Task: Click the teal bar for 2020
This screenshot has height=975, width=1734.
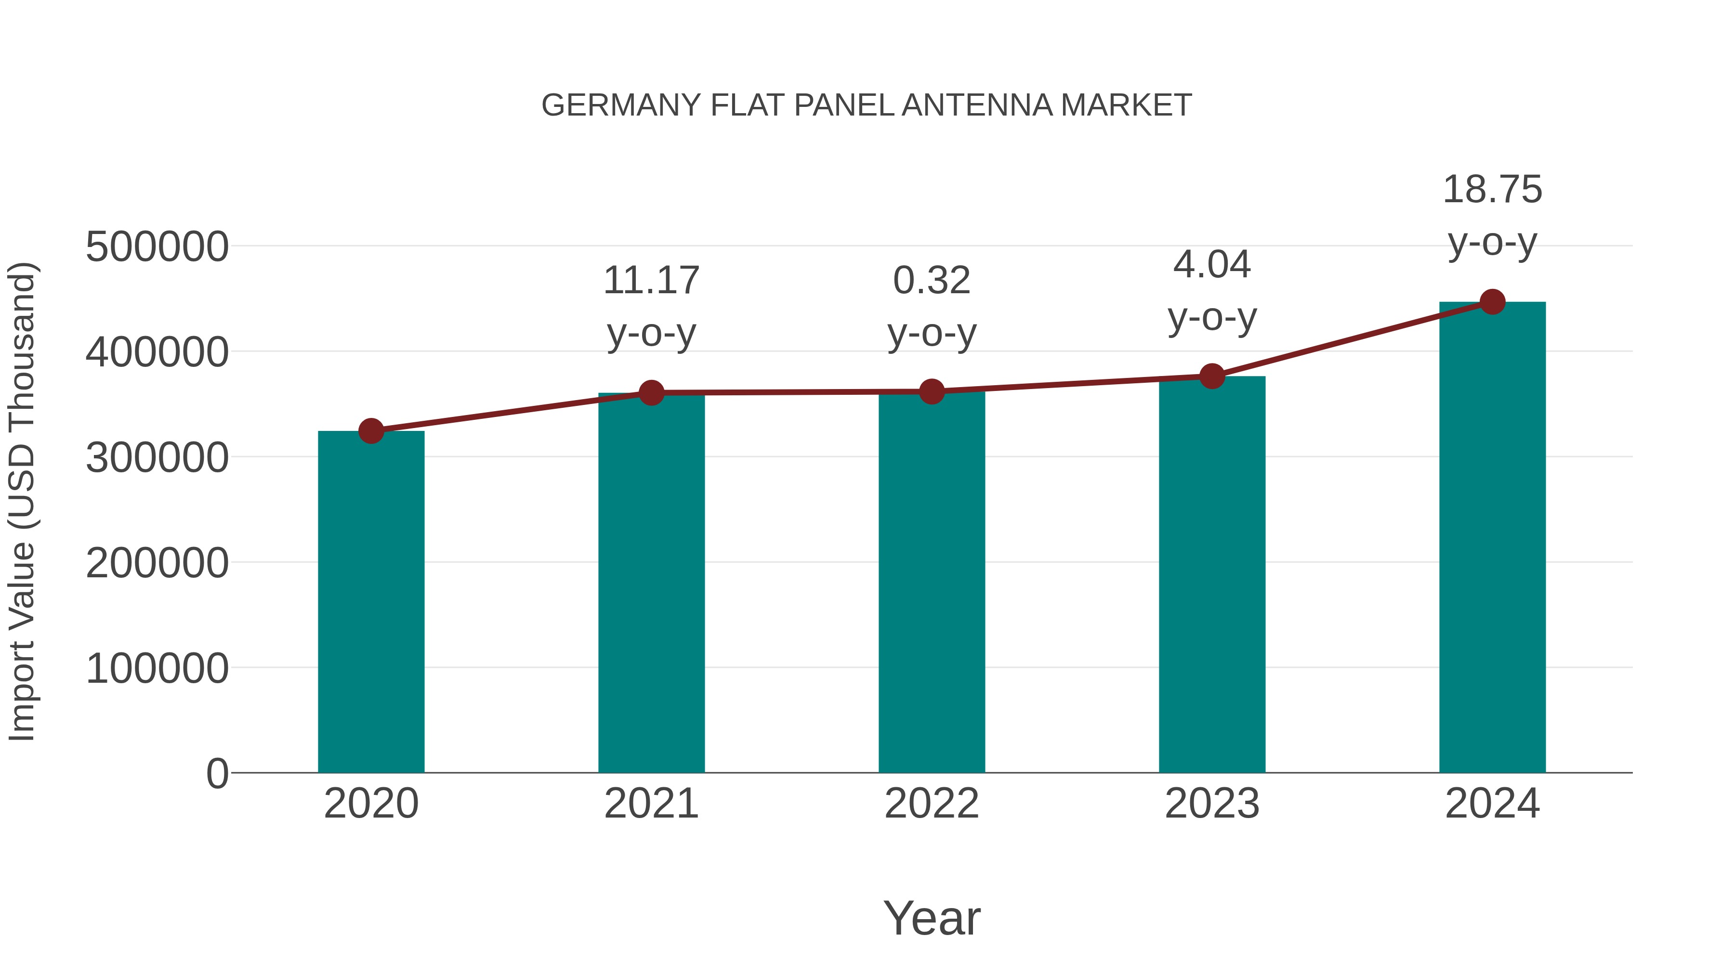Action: (371, 606)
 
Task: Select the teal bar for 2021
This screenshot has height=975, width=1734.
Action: (651, 585)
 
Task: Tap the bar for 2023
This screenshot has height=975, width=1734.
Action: (1212, 579)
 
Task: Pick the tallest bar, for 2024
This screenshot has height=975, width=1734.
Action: (1492, 538)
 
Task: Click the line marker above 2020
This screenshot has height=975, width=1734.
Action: (371, 430)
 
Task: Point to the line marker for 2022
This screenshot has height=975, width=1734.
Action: (932, 391)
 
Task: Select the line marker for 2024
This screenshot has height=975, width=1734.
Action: (1492, 302)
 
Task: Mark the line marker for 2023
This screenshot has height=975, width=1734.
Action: (1212, 376)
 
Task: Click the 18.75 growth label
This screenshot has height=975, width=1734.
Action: (1492, 190)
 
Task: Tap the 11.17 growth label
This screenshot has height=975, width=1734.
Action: (651, 281)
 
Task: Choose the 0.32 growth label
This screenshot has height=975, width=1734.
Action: (932, 281)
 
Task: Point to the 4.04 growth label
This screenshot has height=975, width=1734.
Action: (1212, 264)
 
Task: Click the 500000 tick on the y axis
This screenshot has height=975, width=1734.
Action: (157, 247)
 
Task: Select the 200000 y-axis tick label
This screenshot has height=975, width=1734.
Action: (157, 563)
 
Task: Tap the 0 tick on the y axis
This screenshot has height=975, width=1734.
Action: (217, 774)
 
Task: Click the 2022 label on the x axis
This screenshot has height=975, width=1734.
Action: (932, 804)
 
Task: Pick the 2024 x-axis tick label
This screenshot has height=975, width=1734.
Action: (1492, 804)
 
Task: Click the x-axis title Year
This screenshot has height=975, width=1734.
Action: (932, 919)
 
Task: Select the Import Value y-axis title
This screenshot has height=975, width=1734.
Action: (22, 501)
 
